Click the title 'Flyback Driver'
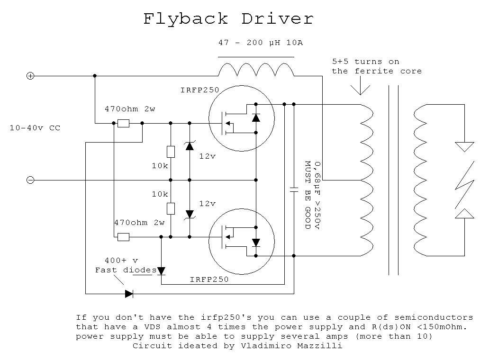pos(228,19)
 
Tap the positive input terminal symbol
pos(30,76)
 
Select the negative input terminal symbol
pos(30,180)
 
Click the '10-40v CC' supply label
pos(35,128)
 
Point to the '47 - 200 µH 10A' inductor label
pos(260,43)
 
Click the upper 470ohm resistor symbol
pos(123,123)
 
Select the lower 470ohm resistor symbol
pos(123,237)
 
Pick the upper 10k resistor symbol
pos(171,152)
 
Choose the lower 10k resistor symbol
pos(171,208)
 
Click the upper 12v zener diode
pos(190,146)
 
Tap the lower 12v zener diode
pos(190,214)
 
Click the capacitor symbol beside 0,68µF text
pos(294,189)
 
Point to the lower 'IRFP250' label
pos(209,279)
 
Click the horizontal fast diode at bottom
pos(129,294)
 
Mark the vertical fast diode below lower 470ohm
pos(161,270)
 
